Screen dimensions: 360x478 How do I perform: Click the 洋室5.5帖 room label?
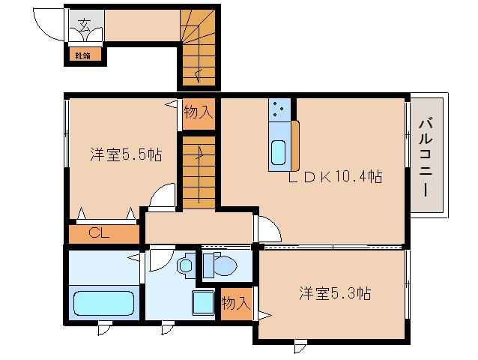126,155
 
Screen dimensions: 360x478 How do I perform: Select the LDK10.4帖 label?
337,177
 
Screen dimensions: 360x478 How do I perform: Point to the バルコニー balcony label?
425,157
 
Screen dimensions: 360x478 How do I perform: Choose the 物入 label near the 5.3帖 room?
236,303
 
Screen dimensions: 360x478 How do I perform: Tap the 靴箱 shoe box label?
81,55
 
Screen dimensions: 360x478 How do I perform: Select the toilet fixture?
221,265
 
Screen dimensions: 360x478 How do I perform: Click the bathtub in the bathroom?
103,304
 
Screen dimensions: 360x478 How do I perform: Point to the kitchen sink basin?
278,152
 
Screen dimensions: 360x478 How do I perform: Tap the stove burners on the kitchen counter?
278,110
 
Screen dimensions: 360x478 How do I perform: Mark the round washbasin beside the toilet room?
185,265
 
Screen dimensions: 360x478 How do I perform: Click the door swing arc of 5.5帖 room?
161,197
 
